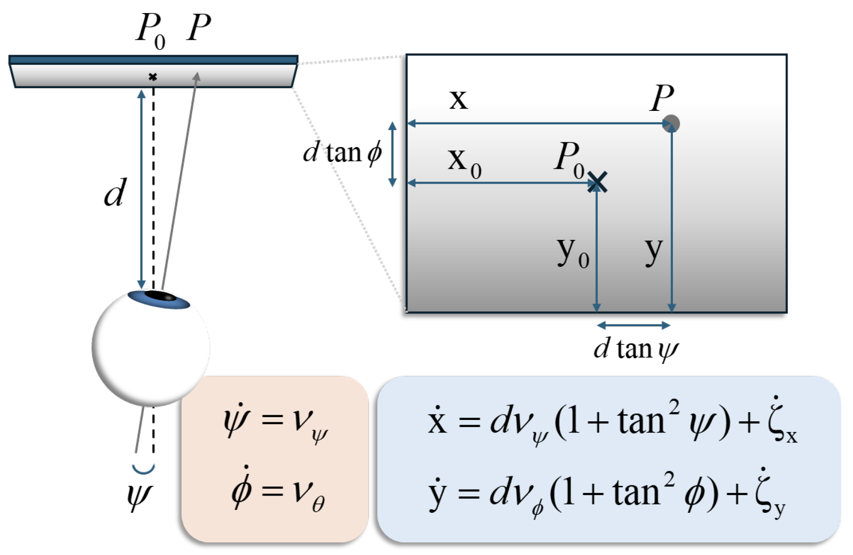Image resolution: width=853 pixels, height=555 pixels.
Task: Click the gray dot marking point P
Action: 671,124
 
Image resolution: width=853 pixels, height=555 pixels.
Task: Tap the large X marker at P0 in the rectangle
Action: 597,182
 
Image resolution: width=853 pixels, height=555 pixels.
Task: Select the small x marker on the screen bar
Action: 153,77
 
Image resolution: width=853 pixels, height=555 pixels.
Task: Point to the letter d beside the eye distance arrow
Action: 115,192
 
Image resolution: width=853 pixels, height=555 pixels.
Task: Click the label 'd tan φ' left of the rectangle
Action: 342,152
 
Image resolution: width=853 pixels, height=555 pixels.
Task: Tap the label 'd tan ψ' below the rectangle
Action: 636,349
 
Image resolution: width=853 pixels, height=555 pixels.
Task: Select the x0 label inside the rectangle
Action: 464,162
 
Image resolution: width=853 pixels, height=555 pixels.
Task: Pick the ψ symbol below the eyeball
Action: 139,497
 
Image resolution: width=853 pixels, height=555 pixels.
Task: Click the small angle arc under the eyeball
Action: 143,469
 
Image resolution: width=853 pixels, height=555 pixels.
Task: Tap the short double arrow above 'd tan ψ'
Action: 633,325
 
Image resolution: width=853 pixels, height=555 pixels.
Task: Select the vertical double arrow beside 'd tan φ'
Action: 393,154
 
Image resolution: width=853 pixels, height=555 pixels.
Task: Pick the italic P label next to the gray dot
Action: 661,98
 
